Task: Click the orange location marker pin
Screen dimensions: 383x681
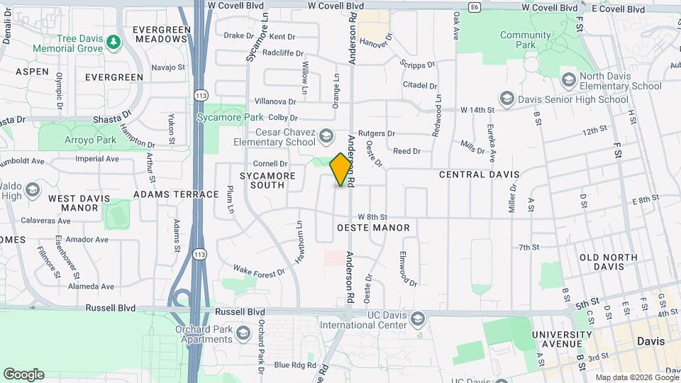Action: coord(341,170)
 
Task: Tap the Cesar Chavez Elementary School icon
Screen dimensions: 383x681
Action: coord(326,135)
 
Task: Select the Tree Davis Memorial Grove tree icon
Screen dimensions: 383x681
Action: coord(113,43)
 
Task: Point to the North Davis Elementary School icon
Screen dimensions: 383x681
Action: coord(567,79)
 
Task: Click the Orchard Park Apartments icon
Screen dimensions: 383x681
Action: coord(243,333)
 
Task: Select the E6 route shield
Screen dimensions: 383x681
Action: coord(475,8)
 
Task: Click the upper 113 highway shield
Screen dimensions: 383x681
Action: coord(201,94)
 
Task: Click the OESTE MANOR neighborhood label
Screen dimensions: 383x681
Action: coord(373,228)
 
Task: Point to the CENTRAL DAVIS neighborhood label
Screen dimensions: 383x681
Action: coord(479,174)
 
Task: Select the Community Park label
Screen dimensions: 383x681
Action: coord(526,40)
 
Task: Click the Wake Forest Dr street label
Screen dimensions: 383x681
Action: coord(259,271)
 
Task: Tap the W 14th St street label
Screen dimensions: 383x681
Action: coord(477,110)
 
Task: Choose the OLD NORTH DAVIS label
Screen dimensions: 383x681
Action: coord(611,262)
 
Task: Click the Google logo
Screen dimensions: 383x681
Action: coord(23,374)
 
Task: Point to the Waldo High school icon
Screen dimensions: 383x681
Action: coord(32,190)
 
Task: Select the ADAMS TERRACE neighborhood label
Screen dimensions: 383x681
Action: coord(176,194)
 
